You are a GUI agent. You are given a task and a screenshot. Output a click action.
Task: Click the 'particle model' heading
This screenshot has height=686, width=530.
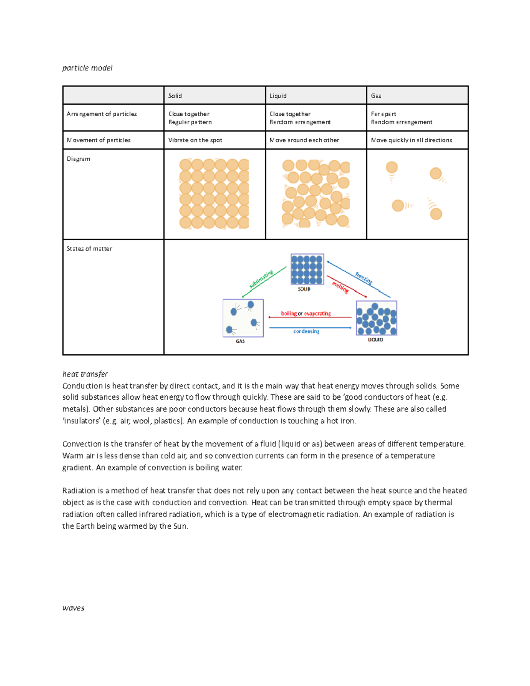tap(87, 68)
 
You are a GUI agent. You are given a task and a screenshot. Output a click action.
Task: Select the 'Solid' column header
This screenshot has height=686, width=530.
tap(175, 96)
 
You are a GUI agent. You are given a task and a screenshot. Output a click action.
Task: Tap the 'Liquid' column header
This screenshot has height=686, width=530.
tap(278, 96)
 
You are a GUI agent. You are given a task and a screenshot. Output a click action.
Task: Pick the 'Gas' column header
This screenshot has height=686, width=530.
tap(376, 96)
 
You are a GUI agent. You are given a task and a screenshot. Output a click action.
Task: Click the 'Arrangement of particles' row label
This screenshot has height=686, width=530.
tap(102, 114)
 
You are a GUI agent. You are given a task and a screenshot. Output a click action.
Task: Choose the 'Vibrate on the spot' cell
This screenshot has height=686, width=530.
tap(195, 140)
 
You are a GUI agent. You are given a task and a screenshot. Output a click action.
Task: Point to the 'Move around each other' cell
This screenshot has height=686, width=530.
tap(304, 140)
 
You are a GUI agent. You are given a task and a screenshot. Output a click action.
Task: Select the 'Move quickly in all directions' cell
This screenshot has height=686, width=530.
tap(411, 140)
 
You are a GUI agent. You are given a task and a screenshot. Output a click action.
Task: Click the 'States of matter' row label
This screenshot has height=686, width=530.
tap(89, 249)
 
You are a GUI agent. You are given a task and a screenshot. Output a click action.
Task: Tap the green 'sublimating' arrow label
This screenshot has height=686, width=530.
tap(261, 279)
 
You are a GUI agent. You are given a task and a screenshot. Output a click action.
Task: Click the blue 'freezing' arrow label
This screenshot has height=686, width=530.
tap(364, 278)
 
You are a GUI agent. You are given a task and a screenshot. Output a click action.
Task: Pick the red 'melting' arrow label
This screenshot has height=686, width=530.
tap(341, 288)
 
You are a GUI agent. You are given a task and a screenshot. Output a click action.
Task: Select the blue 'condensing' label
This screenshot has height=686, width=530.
tap(306, 331)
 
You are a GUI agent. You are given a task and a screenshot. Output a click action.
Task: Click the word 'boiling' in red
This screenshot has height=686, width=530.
tap(289, 314)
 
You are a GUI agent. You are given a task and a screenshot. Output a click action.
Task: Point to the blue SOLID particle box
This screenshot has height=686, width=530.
tap(307, 269)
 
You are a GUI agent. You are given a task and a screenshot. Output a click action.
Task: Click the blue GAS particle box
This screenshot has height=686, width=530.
tap(243, 318)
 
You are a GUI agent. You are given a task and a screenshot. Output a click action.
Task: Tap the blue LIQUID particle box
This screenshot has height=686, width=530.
tap(376, 318)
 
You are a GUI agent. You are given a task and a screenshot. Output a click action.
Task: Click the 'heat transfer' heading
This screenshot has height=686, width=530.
tap(85, 374)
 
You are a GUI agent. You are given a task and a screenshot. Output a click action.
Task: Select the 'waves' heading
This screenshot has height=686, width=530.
tap(73, 608)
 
